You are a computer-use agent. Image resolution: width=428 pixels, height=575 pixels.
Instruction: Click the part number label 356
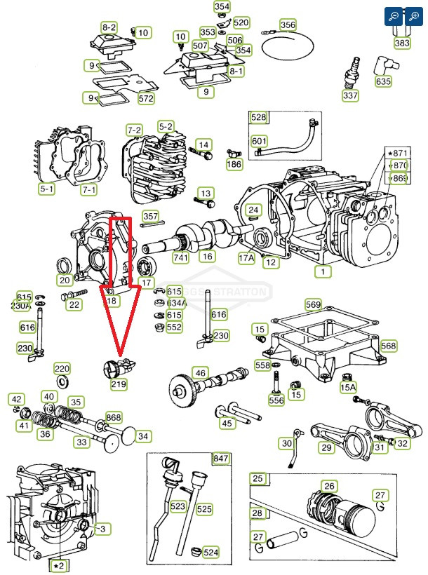tap(288, 25)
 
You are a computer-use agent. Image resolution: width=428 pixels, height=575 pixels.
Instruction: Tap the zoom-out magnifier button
tap(394, 15)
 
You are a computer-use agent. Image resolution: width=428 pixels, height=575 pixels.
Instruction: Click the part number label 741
tap(181, 258)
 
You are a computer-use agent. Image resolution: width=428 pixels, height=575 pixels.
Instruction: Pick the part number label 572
tap(145, 98)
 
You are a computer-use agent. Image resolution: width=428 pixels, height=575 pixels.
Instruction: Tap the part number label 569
tap(313, 304)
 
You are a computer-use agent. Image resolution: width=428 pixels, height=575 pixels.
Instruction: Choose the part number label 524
tap(210, 552)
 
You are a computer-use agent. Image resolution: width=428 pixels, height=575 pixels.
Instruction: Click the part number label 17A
tap(246, 258)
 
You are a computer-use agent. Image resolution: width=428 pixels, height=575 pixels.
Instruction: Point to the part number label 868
tap(114, 418)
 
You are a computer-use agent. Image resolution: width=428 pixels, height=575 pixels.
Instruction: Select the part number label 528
tap(259, 117)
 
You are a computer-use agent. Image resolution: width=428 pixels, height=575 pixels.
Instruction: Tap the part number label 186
tap(234, 165)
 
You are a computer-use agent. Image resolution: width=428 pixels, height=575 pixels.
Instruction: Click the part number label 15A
tap(348, 386)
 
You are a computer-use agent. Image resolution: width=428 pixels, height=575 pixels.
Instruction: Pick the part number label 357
tap(151, 216)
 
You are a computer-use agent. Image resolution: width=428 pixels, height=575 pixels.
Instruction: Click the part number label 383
tap(402, 43)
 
